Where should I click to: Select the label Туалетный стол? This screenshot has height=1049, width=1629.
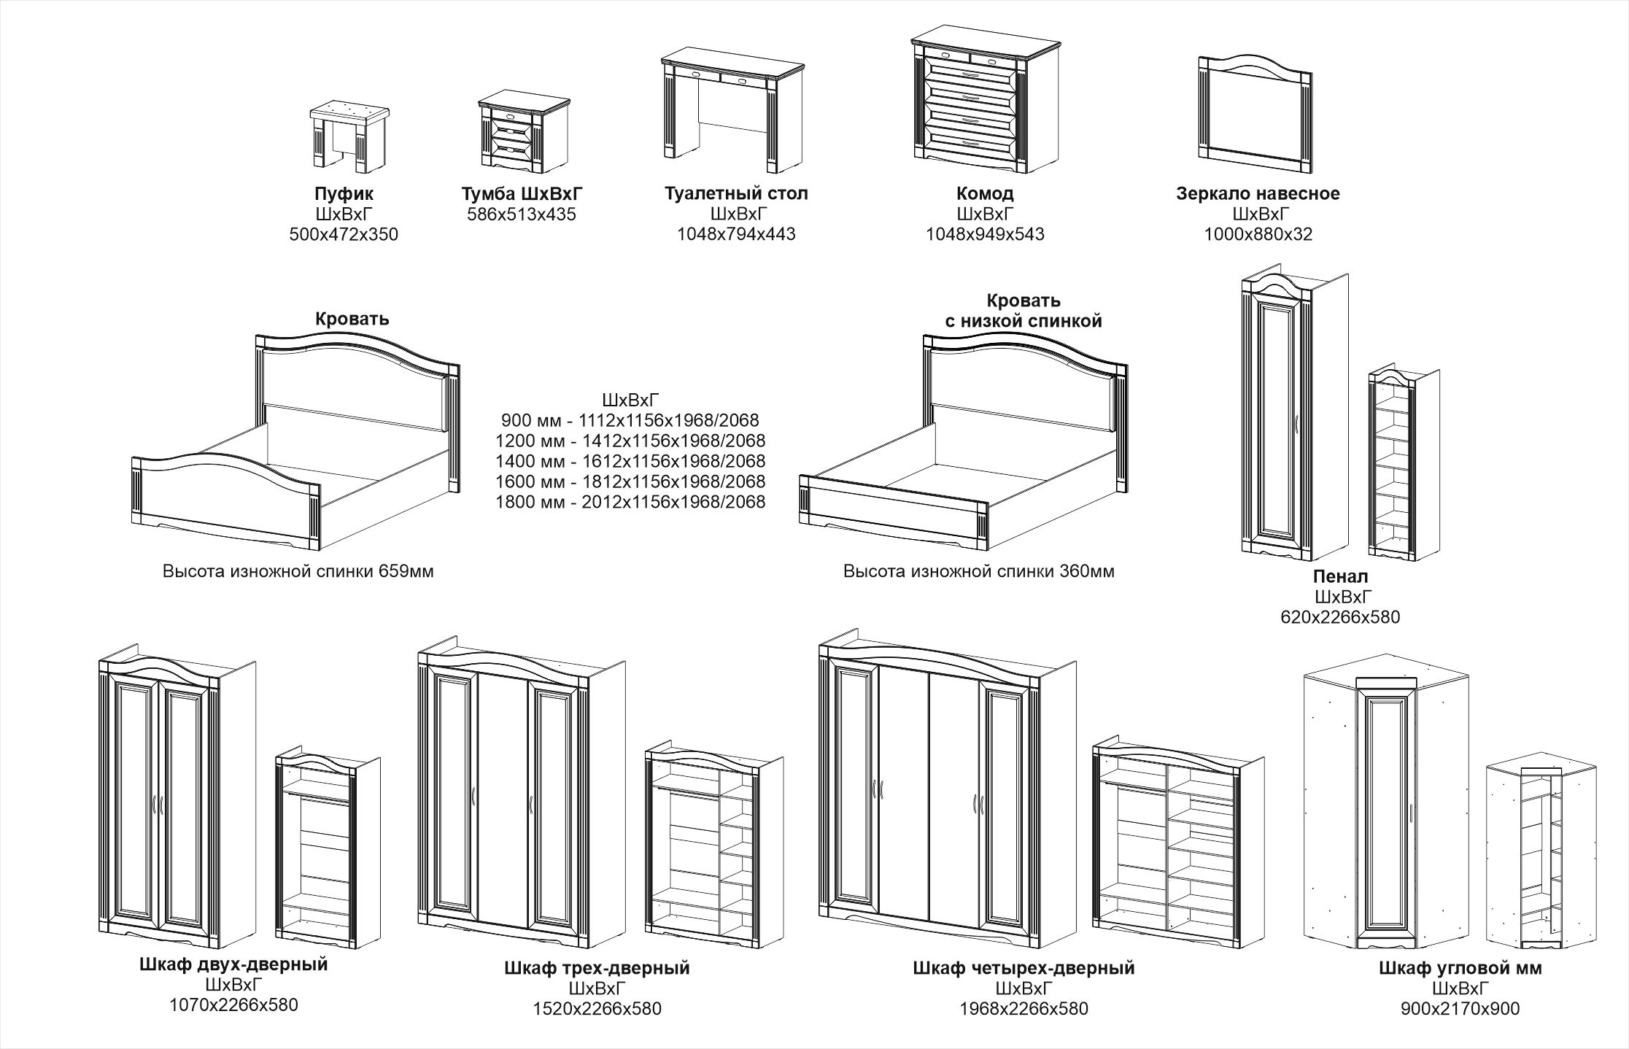[736, 194]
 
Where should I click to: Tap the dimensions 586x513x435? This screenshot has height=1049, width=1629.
[521, 214]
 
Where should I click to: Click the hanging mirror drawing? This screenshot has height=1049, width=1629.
[1255, 115]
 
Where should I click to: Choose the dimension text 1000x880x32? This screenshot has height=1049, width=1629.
[1258, 235]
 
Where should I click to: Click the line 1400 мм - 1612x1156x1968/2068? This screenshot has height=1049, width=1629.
[630, 461]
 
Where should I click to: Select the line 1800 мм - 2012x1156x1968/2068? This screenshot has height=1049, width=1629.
[630, 502]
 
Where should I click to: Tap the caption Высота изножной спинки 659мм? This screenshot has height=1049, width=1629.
[298, 572]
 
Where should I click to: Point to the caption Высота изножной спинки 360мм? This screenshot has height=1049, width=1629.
[978, 572]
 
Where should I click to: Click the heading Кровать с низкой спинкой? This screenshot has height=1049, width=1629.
[1023, 311]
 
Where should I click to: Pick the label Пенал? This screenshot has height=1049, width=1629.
[1340, 577]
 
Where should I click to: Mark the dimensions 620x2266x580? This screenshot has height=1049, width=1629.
[1340, 617]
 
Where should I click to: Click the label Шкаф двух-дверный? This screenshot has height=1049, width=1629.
[233, 964]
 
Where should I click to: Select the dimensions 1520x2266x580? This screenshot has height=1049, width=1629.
[597, 1009]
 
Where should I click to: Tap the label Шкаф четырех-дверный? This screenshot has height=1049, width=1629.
[1024, 968]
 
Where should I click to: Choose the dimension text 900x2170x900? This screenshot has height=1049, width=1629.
[1460, 1009]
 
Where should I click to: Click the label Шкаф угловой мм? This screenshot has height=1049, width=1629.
[1460, 968]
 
